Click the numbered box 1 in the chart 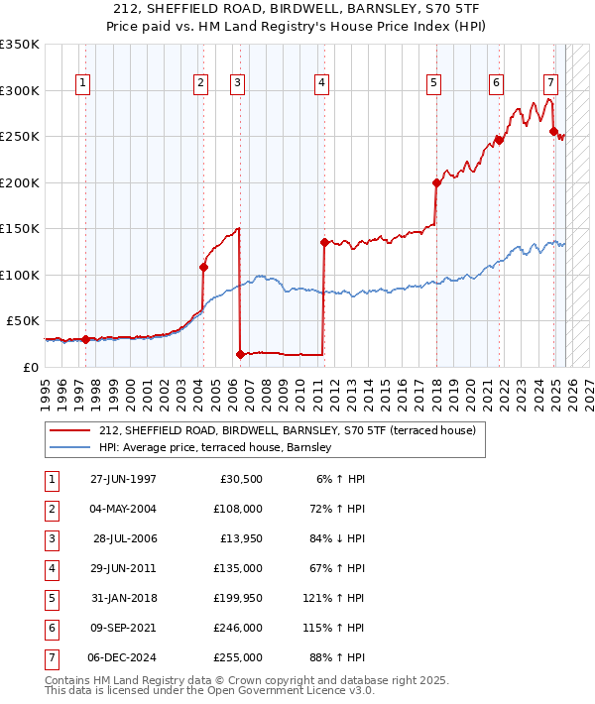82,83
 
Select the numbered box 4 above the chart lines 322,83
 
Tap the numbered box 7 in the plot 550,83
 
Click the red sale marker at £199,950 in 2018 435,182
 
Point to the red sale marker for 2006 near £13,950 240,354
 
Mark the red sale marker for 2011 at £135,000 324,242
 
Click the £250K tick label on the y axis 20,137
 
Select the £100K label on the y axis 20,275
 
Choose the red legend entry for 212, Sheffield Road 288,430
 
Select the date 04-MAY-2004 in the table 123,510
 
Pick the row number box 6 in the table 51,629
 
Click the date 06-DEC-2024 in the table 123,657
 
